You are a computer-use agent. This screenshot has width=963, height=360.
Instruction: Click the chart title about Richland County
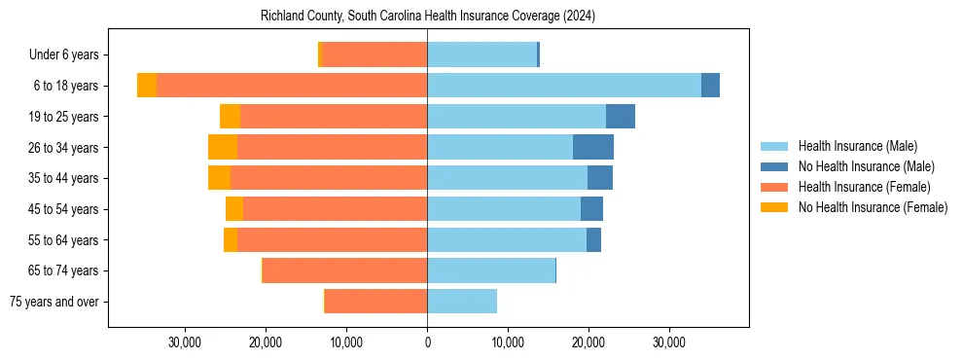(x=428, y=17)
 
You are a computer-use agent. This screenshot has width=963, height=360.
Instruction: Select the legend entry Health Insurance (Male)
(x=857, y=146)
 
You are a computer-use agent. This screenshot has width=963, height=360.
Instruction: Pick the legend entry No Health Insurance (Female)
(x=873, y=207)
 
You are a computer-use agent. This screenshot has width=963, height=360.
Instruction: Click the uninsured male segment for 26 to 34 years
(x=593, y=147)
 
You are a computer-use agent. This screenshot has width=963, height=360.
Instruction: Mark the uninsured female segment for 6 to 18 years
(x=147, y=86)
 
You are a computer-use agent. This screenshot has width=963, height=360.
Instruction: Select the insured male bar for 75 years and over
(x=462, y=302)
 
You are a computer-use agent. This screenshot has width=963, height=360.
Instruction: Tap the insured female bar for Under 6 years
(x=374, y=54)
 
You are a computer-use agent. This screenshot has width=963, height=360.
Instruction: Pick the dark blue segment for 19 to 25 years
(x=621, y=117)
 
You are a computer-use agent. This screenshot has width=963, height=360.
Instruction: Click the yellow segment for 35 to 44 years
(x=219, y=178)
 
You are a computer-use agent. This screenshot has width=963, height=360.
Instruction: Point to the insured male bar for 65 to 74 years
(x=491, y=270)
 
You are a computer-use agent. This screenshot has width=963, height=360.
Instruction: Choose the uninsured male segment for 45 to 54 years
(x=591, y=209)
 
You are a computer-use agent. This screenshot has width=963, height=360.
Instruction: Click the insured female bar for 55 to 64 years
(x=332, y=239)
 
